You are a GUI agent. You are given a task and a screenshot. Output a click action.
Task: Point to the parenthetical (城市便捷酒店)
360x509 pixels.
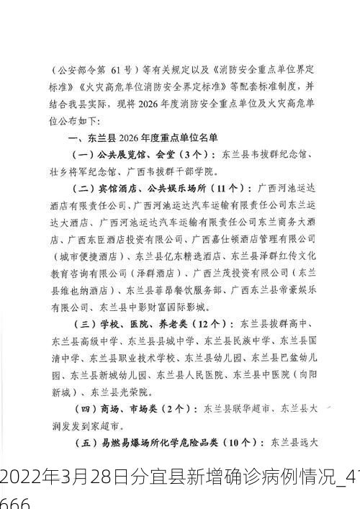point(84,256)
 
